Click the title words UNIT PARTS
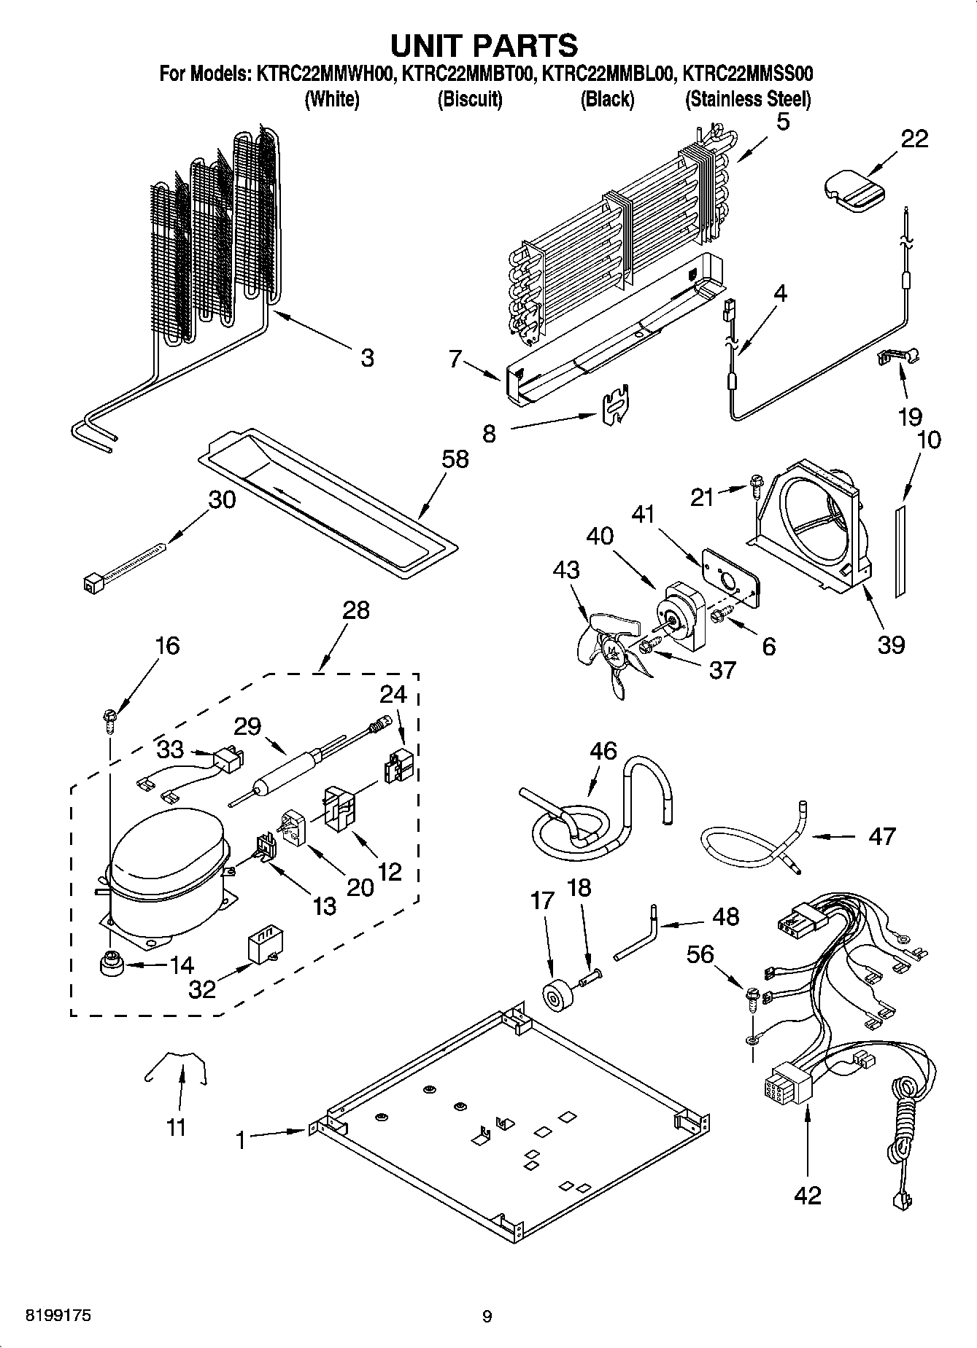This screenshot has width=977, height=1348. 484,45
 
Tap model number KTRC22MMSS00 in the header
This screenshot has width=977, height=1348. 747,74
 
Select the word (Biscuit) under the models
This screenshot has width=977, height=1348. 469,99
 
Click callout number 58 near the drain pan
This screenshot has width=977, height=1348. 455,459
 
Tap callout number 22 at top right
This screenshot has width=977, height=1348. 914,139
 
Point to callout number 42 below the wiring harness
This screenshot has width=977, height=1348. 807,1195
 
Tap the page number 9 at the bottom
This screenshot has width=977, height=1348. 487,1316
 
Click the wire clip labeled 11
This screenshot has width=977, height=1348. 175,1069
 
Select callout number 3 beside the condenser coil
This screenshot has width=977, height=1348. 367,358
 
